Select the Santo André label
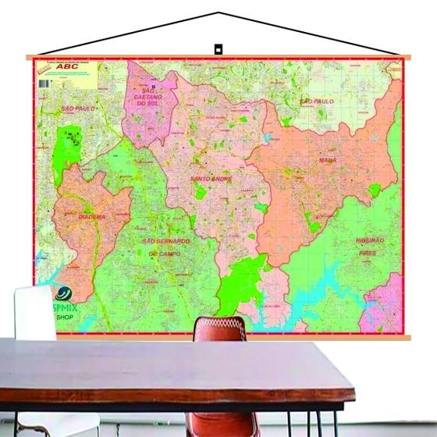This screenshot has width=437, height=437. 211,179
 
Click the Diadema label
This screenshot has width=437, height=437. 91,216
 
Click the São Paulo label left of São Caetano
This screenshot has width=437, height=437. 77,108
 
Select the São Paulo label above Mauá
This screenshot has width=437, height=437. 317,101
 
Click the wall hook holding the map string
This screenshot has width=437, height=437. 218,49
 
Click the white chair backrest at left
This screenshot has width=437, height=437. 34,311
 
